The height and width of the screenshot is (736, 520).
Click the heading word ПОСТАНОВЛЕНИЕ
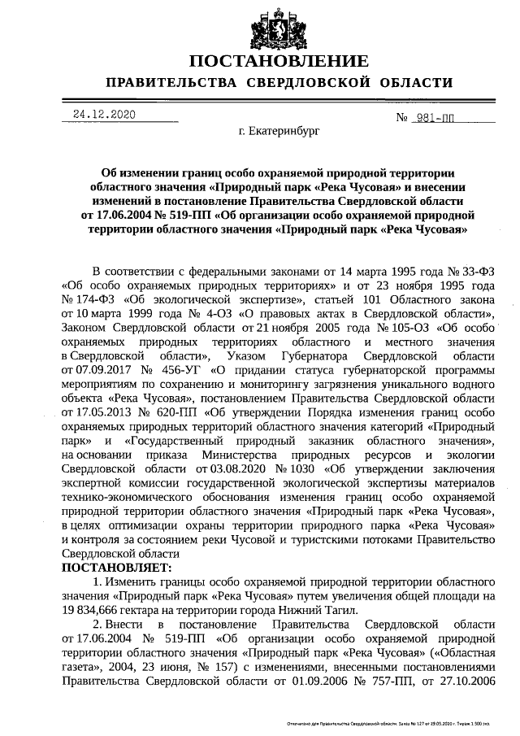(279, 61)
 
